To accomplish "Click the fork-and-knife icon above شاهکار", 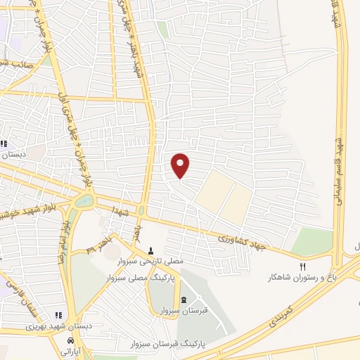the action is [x=303, y=266].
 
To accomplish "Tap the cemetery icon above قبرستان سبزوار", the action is [x=184, y=301].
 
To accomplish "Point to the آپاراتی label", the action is [x=72, y=350].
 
